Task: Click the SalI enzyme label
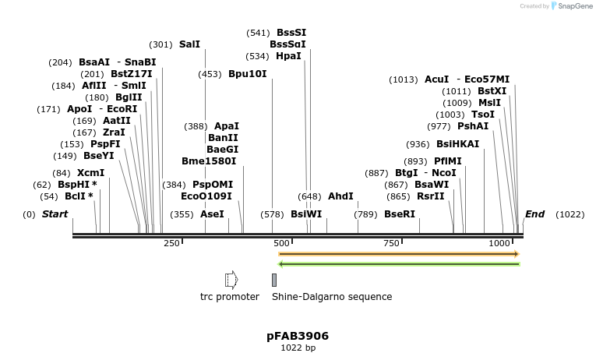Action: coord(189,44)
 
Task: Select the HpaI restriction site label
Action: coord(288,56)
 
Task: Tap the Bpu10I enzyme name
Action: coord(248,74)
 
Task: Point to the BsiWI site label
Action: coord(306,214)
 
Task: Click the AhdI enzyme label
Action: coord(340,196)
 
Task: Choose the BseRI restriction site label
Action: coord(400,214)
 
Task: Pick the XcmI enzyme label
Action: coord(90,172)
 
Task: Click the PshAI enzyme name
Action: coord(473,126)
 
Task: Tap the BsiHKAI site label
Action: coord(457,144)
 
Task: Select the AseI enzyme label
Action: coord(212,214)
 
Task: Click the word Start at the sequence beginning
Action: coord(55,214)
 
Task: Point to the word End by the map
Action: coord(535,214)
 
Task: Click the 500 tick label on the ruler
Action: coord(281,244)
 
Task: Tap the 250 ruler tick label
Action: coord(171,244)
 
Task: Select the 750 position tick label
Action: coord(391,244)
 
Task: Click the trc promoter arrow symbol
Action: coord(230,280)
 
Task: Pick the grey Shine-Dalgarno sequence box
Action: coord(274,280)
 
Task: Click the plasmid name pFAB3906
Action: coord(298,336)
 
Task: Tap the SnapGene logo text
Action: coord(573,6)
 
